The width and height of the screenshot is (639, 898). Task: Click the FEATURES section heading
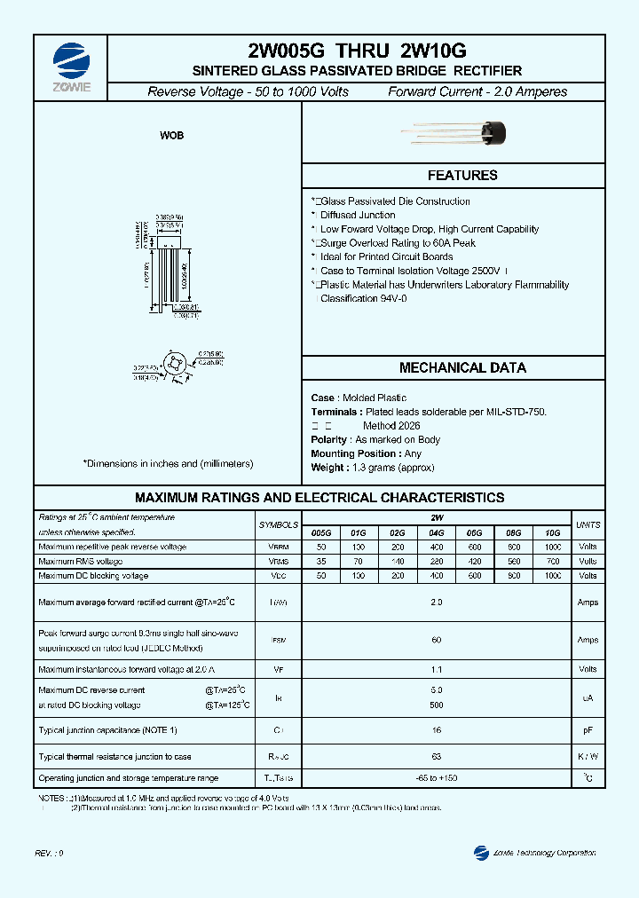point(462,176)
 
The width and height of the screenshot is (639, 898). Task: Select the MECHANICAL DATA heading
point(462,367)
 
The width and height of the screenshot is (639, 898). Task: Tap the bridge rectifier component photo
point(461,134)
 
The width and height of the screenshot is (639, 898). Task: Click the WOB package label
point(171,136)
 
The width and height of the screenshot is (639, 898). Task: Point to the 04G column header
point(436,532)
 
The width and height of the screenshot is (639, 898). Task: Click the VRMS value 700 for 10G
point(553,562)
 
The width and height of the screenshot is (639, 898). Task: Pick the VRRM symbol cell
point(278,547)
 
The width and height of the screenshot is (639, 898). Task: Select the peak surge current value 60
point(436,640)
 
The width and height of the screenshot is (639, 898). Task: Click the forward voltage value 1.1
point(436,670)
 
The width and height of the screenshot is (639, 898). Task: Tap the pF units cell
point(588,729)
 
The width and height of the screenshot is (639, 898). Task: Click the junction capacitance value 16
point(436,729)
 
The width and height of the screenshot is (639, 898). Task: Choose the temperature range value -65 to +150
point(436,778)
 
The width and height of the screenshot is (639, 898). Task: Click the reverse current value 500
point(436,705)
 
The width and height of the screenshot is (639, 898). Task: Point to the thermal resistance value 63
point(436,757)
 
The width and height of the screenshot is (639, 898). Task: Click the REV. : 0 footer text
point(50,853)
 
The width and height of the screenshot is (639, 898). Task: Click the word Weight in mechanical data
point(327,468)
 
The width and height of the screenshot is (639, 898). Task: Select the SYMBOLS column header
point(278,525)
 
